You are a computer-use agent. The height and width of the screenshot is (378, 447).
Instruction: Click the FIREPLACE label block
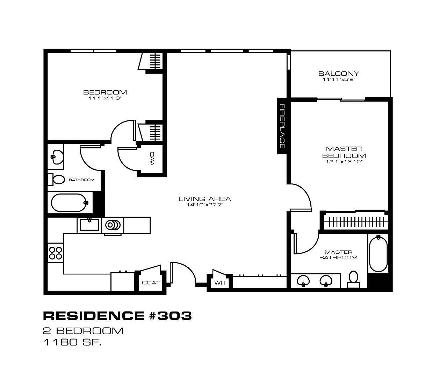(282, 126)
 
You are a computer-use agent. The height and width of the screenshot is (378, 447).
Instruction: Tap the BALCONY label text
(338, 73)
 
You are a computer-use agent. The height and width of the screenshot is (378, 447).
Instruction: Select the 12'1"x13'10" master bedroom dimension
(344, 162)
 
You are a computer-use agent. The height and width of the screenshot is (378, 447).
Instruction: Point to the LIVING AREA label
(205, 199)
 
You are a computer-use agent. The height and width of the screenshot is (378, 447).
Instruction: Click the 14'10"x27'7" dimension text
(205, 205)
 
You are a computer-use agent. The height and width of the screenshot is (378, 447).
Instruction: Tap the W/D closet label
(152, 159)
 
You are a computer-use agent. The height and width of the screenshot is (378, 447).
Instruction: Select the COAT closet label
(151, 282)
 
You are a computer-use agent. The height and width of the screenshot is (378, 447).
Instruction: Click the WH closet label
(220, 283)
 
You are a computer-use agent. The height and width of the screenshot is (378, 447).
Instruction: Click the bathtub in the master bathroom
(378, 254)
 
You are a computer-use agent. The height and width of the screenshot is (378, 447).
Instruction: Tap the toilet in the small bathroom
(57, 180)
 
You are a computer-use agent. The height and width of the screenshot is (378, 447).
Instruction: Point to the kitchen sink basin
(89, 225)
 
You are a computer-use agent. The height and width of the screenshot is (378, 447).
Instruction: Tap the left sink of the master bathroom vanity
(303, 281)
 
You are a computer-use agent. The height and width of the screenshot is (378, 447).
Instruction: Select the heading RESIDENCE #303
(117, 316)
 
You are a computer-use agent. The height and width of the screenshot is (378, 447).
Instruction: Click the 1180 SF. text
(72, 342)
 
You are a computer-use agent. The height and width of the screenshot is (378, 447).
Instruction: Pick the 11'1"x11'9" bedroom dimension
(105, 98)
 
